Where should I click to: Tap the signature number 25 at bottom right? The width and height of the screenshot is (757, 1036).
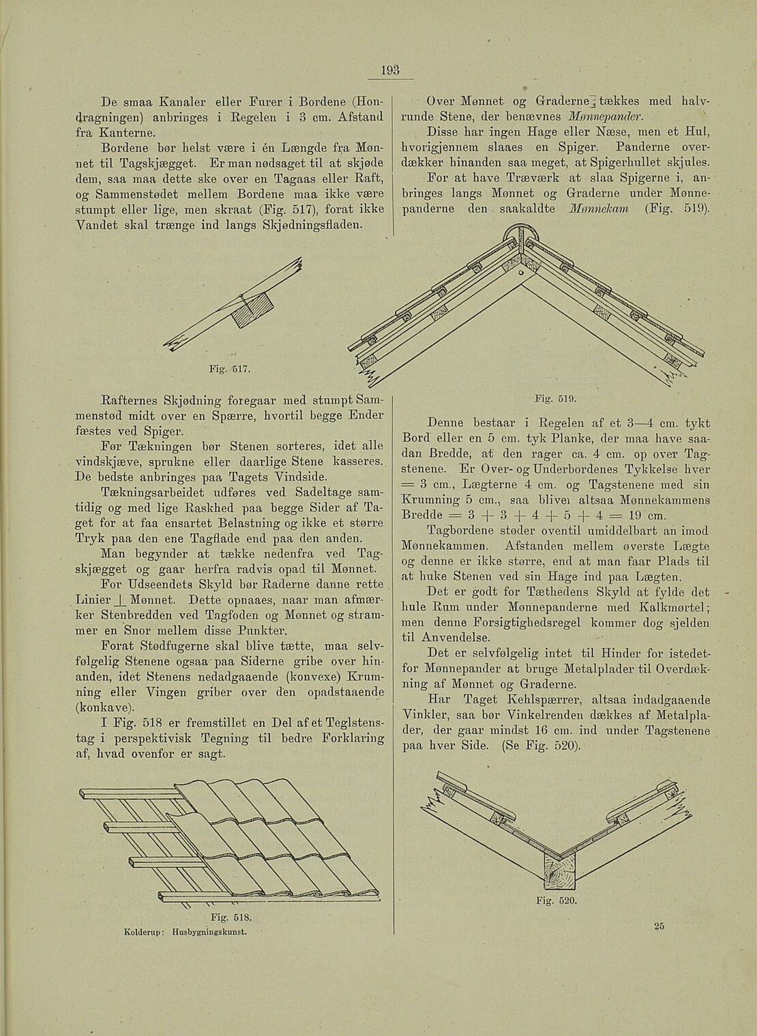click(x=659, y=925)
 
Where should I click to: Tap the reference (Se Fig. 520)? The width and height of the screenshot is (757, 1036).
click(x=541, y=745)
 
